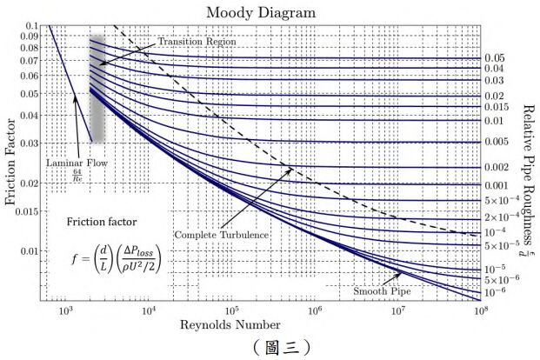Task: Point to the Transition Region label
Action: tap(196, 42)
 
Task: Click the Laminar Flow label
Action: tap(75, 162)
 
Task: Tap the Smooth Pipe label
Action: tap(381, 291)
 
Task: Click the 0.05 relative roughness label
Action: tap(494, 58)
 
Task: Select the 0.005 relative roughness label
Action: tap(497, 141)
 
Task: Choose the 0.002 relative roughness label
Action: tap(497, 167)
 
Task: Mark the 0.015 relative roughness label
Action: tap(497, 107)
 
